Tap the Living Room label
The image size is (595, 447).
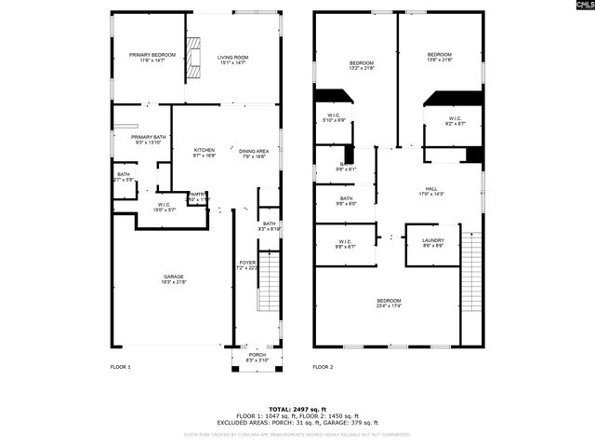coord(233,58)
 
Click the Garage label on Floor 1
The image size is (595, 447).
coord(174,278)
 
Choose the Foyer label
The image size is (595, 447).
coord(247,265)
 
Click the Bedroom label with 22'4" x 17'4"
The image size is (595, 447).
coord(389,302)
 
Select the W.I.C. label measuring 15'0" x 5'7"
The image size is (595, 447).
coord(164,207)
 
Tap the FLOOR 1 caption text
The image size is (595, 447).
coord(121,368)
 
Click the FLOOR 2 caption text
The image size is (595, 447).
coord(324,368)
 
